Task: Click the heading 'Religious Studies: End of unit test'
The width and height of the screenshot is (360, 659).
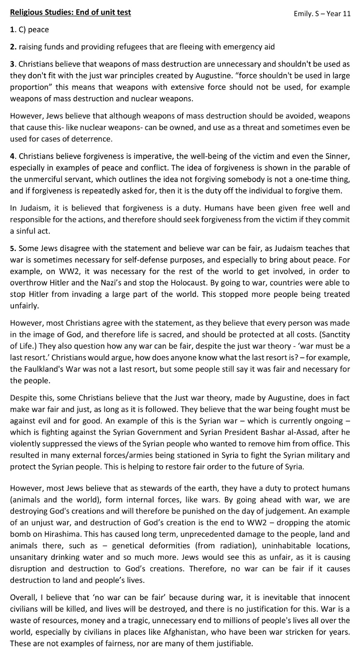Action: [70, 12]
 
